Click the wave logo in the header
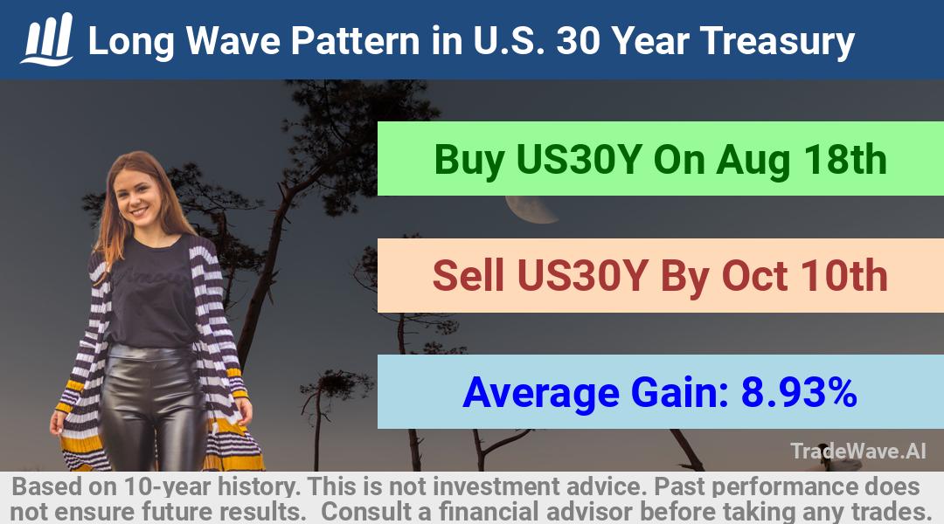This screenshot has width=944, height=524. (x=47, y=39)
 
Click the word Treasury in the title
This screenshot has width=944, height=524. (x=777, y=42)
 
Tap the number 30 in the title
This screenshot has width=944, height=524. (x=578, y=41)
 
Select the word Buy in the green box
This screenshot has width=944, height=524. (x=469, y=161)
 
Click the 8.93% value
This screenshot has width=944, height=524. (x=799, y=391)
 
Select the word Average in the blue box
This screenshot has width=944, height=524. (x=541, y=393)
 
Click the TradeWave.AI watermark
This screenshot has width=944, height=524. (x=858, y=451)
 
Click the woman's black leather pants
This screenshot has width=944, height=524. (x=155, y=408)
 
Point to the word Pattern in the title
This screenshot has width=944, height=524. (x=355, y=42)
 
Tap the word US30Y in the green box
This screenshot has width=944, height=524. (x=578, y=160)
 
